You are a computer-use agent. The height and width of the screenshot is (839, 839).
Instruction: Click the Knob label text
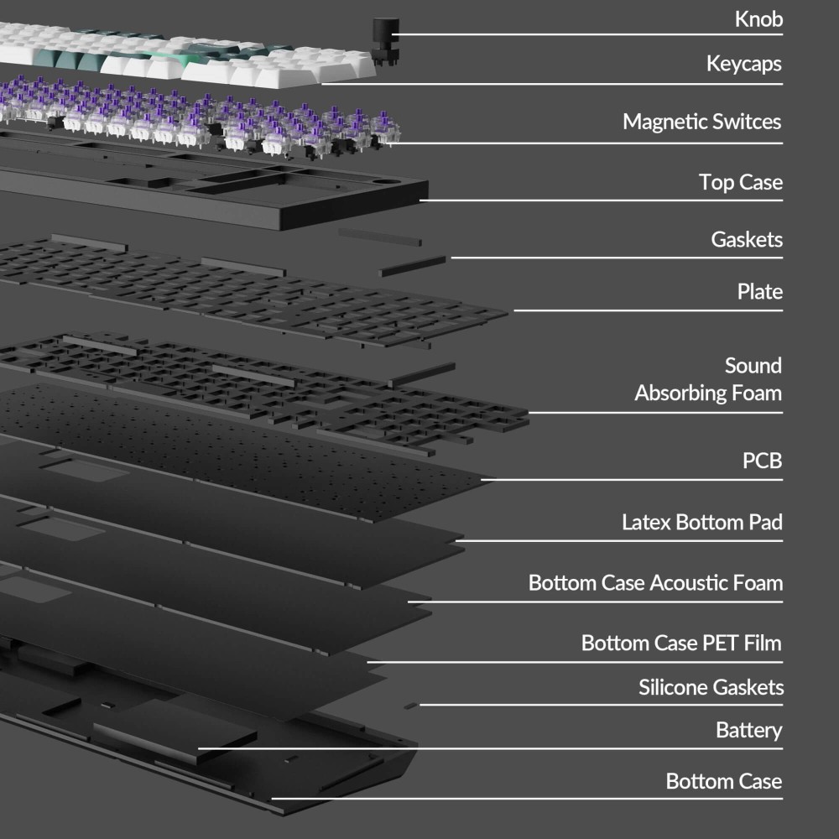758,19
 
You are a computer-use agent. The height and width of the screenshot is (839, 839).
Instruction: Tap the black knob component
385,40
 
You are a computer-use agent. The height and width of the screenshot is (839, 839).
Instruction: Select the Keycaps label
743,65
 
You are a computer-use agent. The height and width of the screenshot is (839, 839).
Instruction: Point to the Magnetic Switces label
702,122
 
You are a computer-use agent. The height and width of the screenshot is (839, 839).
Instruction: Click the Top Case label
741,182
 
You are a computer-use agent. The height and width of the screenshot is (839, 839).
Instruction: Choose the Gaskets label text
747,239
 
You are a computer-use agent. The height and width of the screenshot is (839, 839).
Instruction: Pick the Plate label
760,292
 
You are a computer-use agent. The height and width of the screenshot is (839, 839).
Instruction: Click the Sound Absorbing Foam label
708,379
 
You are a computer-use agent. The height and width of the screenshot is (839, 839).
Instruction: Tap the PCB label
762,461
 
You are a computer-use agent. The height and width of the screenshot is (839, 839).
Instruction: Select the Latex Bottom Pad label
702,522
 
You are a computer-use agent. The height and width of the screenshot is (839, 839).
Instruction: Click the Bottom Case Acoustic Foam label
655,583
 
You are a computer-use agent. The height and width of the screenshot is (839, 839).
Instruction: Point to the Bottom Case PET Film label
681,644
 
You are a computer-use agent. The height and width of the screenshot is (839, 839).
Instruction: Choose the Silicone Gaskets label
711,687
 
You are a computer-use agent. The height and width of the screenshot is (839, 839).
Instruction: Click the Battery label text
749,731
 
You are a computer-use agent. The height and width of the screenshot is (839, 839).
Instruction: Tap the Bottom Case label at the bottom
724,781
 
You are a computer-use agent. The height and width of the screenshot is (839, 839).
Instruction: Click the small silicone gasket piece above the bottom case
410,706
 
